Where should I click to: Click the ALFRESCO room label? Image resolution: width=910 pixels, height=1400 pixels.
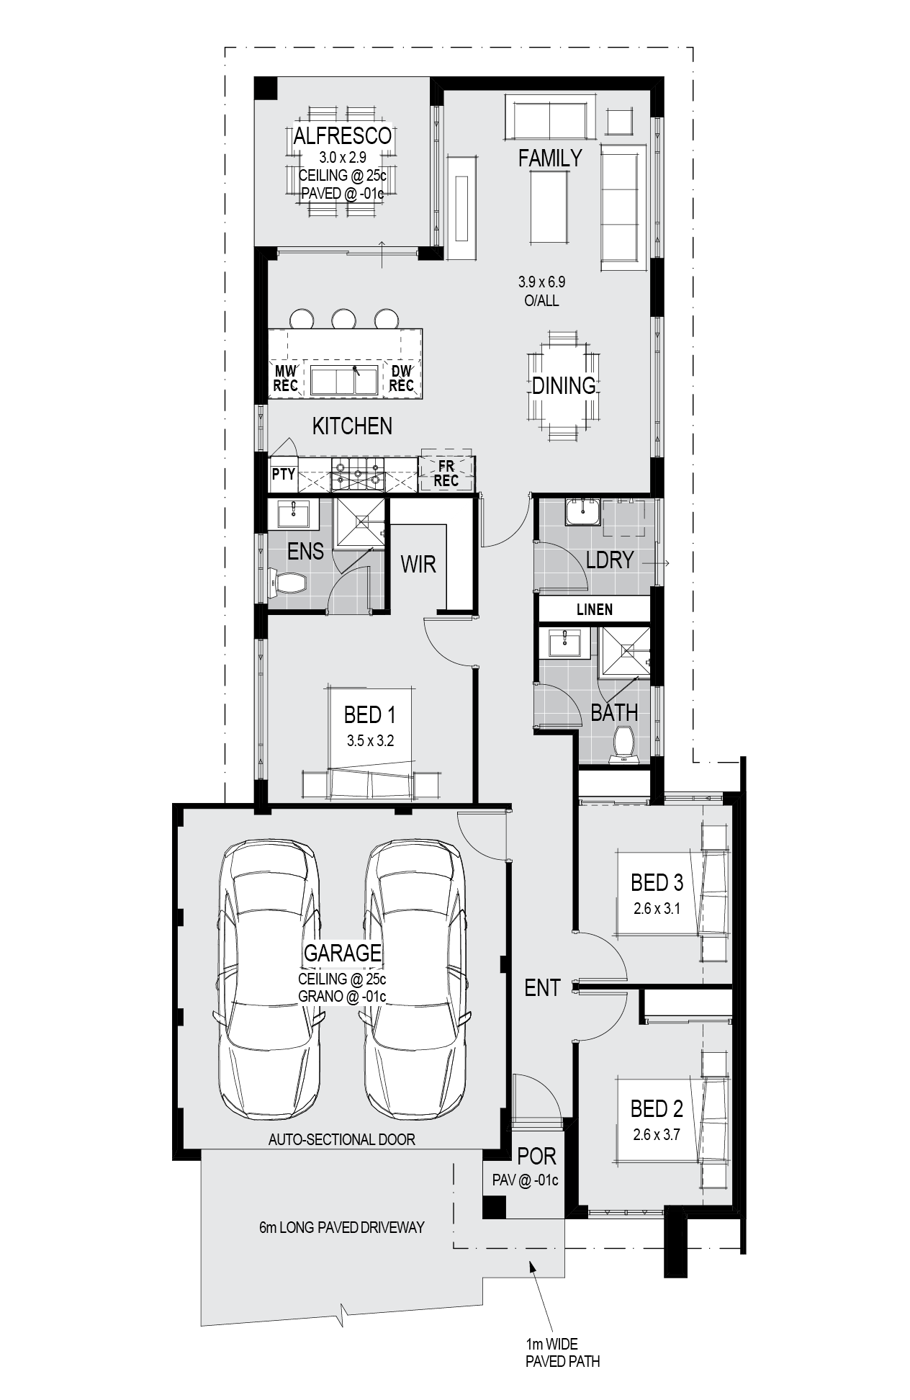[342, 135]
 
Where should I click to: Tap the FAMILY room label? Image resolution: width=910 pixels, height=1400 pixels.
[550, 158]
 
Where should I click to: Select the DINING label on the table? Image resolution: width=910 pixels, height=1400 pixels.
[564, 385]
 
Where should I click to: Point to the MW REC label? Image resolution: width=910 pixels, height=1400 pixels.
[286, 378]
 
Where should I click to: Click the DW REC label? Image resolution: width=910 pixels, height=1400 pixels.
[401, 378]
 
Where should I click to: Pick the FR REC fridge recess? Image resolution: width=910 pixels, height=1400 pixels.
[446, 473]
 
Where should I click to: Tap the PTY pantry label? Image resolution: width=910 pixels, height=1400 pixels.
[284, 474]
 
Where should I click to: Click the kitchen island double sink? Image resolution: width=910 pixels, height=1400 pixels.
[345, 380]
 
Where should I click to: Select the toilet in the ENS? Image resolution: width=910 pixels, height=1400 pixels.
[287, 582]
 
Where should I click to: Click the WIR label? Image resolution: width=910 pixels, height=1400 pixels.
[419, 563]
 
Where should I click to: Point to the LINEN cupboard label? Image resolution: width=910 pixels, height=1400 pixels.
[595, 610]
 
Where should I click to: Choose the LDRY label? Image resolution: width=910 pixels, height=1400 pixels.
[610, 560]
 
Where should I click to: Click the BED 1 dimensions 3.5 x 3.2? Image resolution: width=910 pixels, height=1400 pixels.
[370, 740]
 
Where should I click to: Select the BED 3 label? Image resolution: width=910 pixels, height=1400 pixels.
[657, 882]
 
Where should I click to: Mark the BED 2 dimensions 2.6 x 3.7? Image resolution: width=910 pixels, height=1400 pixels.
[657, 1135]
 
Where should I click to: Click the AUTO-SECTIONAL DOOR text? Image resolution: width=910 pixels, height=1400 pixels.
[342, 1139]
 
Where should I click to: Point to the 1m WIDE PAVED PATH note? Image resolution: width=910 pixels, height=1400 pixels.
[562, 1352]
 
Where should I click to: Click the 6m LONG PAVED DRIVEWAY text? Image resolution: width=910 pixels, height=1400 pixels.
[342, 1227]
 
